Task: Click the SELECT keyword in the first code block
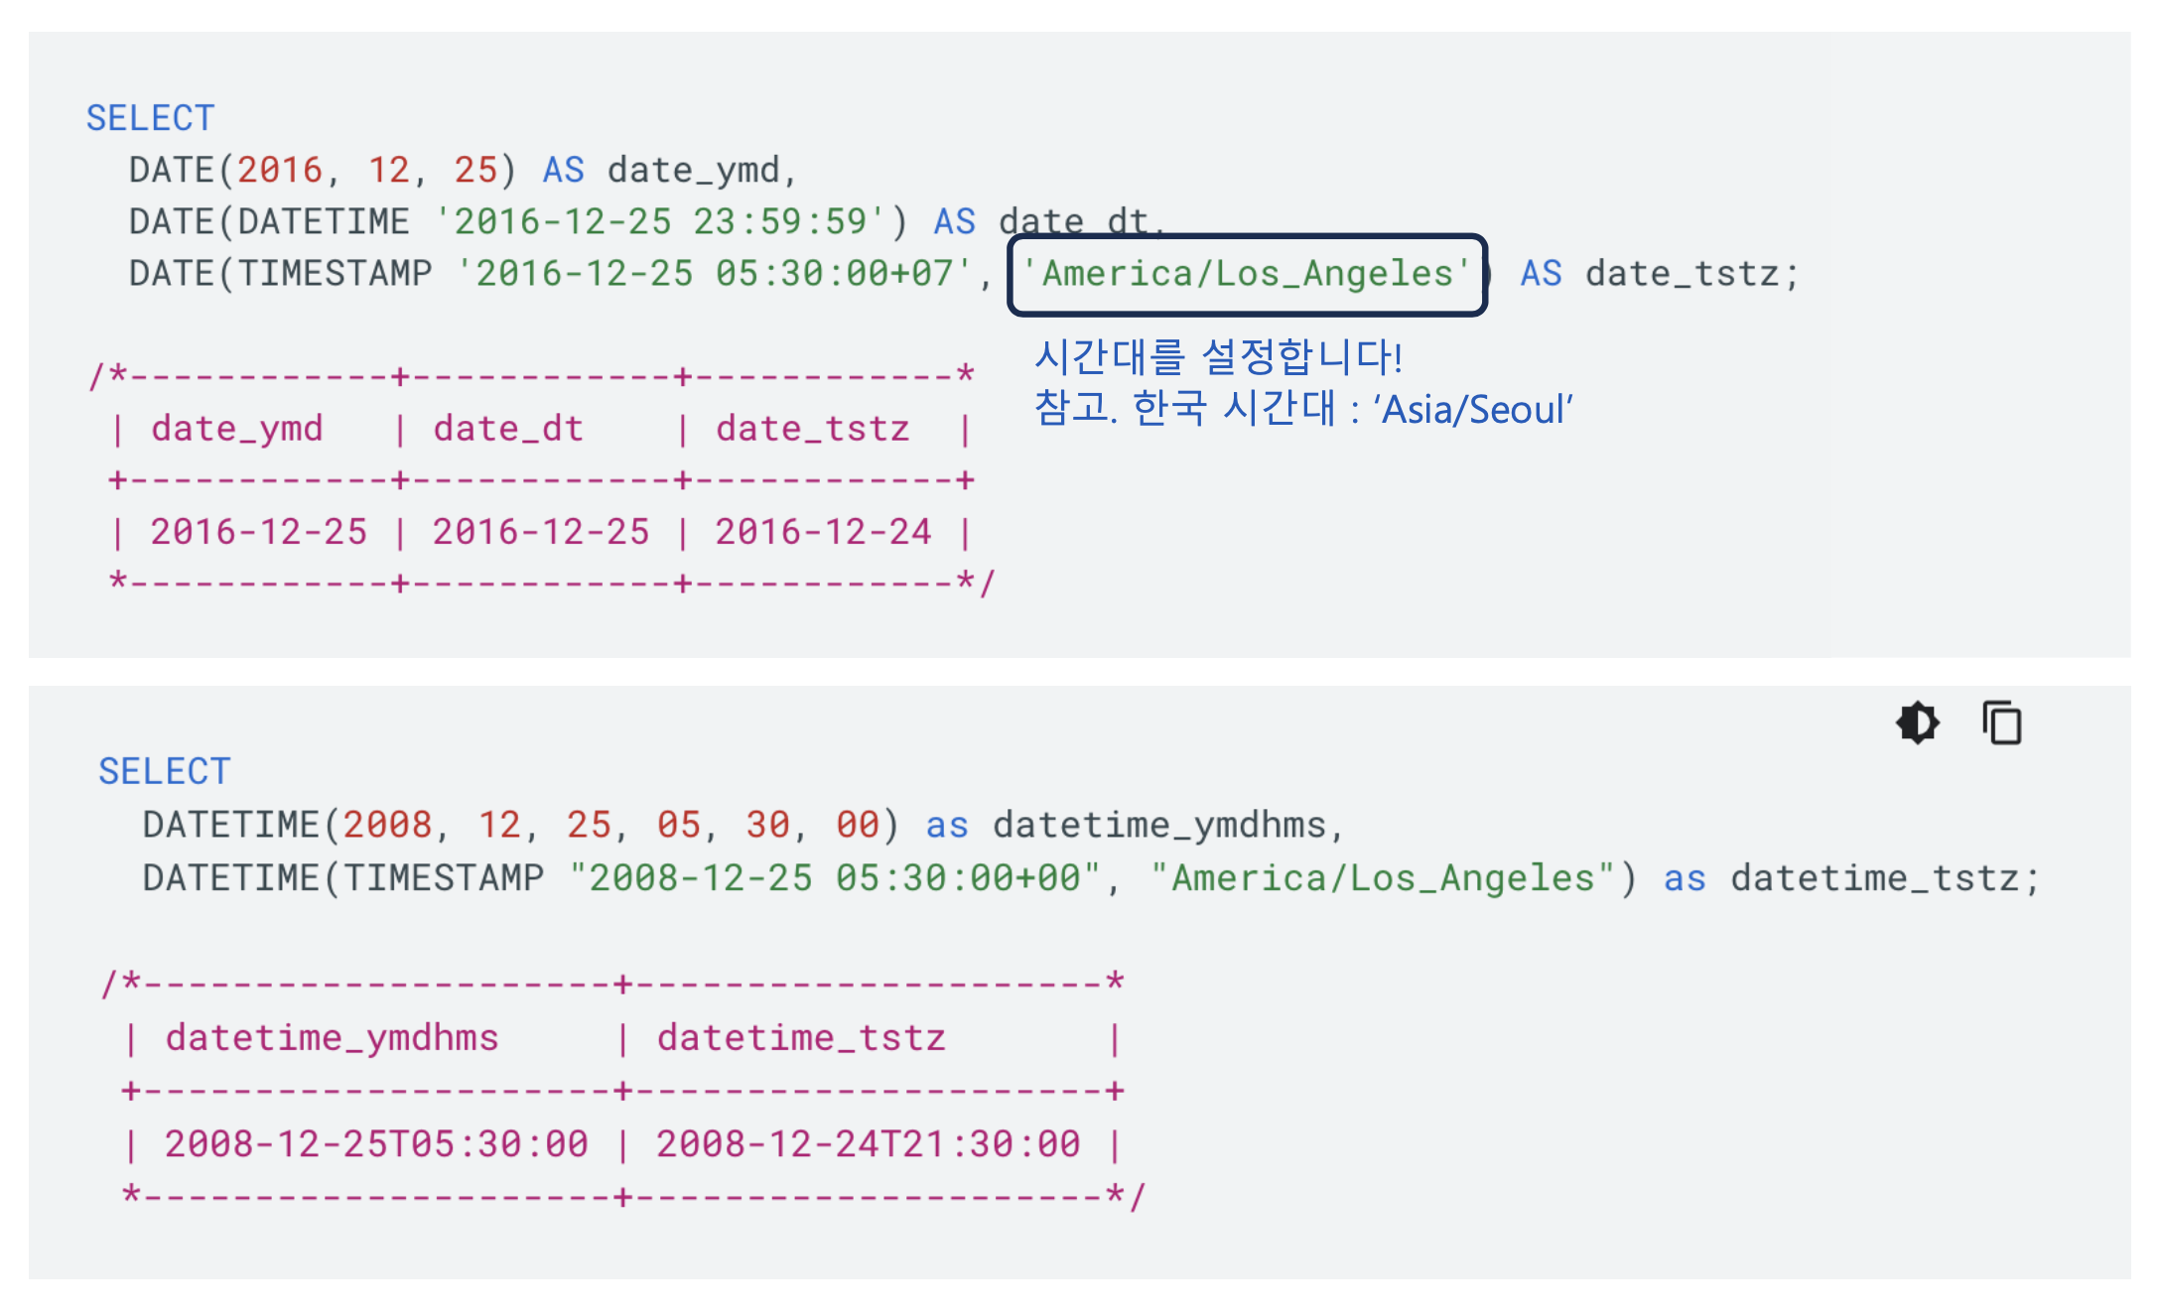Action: pyautogui.click(x=150, y=118)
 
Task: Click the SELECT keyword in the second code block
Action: pyautogui.click(x=164, y=771)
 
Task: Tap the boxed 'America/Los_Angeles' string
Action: pyautogui.click(x=1246, y=274)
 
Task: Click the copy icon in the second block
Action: pyautogui.click(x=2001, y=723)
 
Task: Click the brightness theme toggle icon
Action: pyautogui.click(x=1917, y=723)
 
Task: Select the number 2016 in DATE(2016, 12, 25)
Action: pyautogui.click(x=280, y=171)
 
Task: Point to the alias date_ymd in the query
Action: pyautogui.click(x=693, y=171)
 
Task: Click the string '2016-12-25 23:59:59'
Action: pyautogui.click(x=660, y=222)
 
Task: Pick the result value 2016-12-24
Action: pyautogui.click(x=823, y=532)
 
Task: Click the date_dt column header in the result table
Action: pyautogui.click(x=508, y=429)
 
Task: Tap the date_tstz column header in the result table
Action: pyautogui.click(x=812, y=429)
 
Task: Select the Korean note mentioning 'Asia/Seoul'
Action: pyautogui.click(x=1302, y=409)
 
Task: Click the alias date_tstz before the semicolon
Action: pyautogui.click(x=1682, y=274)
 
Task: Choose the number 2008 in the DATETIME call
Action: pyautogui.click(x=387, y=825)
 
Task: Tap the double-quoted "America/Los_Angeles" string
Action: pyautogui.click(x=1383, y=878)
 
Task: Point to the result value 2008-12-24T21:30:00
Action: pyautogui.click(x=868, y=1144)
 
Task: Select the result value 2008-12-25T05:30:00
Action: pyautogui.click(x=376, y=1144)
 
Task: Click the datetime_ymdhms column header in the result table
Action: pyautogui.click(x=332, y=1038)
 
